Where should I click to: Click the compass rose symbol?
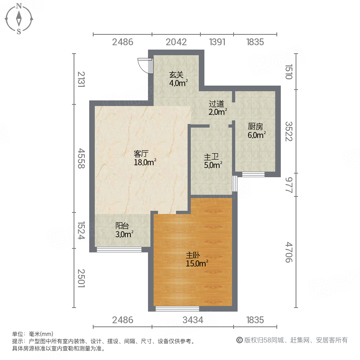19,18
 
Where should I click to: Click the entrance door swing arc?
144,65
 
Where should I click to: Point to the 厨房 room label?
256,127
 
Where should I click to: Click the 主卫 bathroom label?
212,157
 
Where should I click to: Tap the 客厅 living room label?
141,154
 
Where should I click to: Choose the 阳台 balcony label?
122,226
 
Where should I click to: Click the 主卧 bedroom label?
193,254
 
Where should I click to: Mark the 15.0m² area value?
197,263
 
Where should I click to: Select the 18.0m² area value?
145,162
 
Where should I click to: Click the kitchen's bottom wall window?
254,174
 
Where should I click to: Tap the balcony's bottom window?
119,250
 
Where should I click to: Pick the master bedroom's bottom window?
177,308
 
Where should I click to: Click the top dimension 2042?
176,42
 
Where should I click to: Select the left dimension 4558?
81,158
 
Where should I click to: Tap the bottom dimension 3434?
193,320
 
